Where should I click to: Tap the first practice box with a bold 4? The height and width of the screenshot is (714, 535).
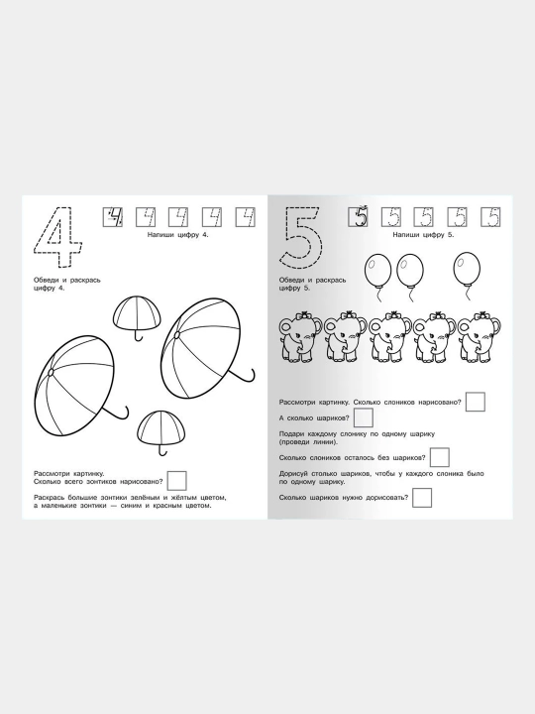click(x=112, y=217)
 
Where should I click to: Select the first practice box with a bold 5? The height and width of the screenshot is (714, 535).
click(x=358, y=217)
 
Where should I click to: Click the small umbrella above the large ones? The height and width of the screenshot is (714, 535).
click(x=137, y=314)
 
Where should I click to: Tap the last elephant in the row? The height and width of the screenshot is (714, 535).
click(x=480, y=336)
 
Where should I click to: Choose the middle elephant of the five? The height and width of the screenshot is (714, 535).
click(x=390, y=336)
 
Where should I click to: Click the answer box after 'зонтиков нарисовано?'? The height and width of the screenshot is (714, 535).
click(x=177, y=481)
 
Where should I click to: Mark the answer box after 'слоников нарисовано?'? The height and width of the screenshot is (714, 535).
click(x=476, y=402)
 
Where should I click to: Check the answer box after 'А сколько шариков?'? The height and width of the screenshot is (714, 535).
click(x=364, y=417)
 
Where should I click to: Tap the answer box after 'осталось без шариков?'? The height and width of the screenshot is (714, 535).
click(x=440, y=457)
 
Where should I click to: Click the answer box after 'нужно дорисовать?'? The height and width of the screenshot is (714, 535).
click(x=422, y=497)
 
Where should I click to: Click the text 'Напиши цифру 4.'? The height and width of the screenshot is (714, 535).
click(x=178, y=235)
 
